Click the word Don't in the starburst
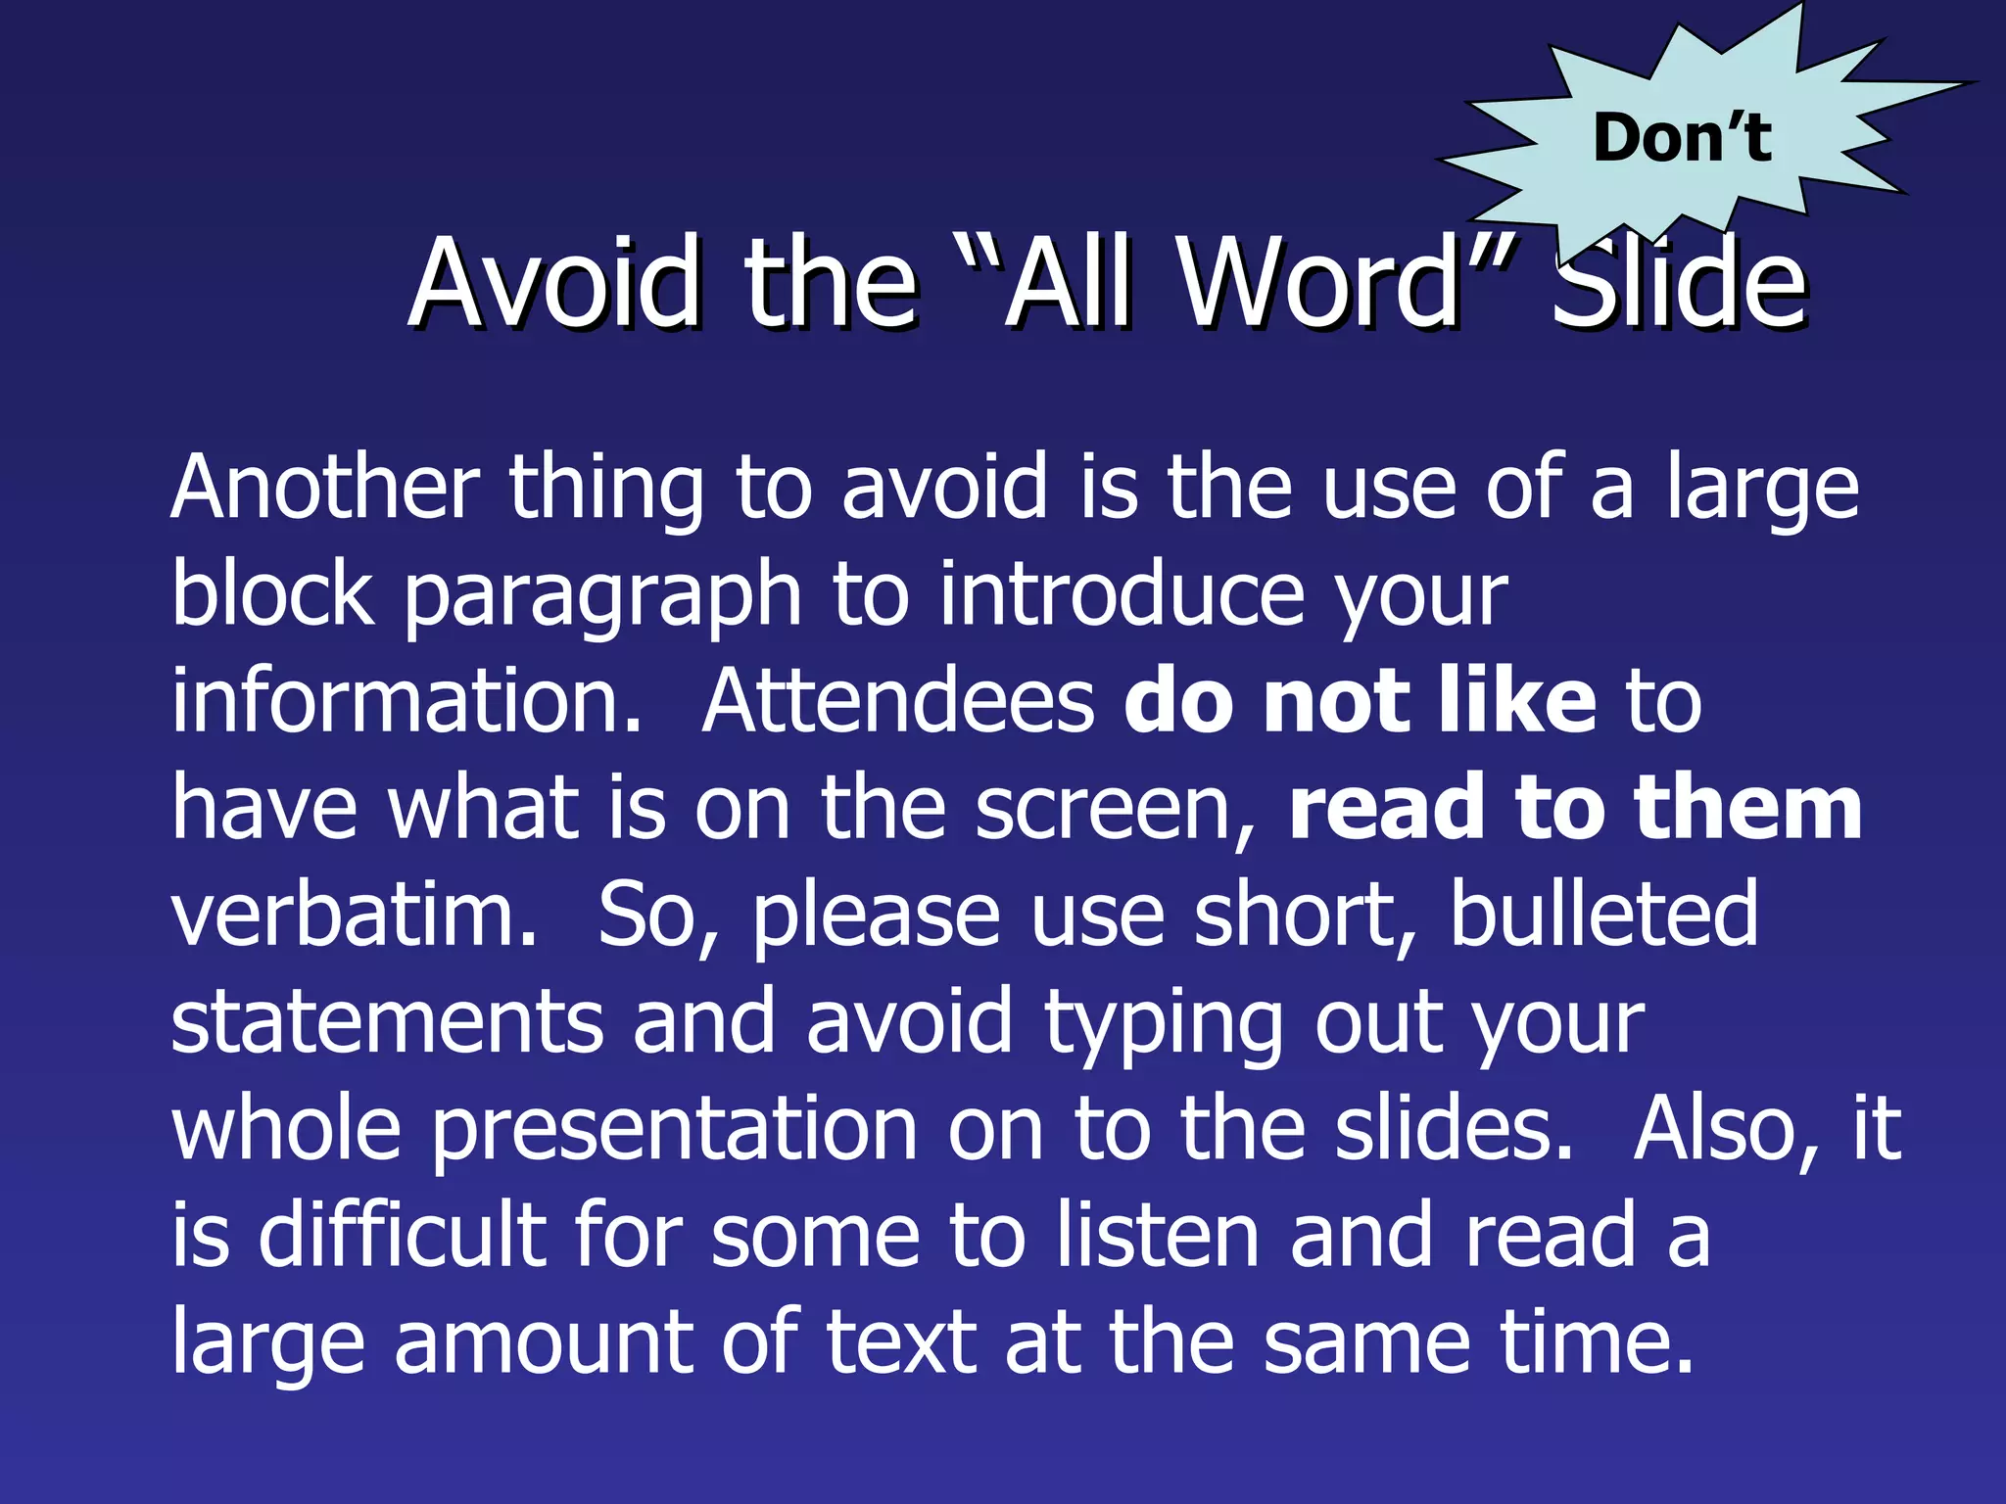1682,138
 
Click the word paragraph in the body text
602,598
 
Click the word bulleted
1603,915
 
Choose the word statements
387,1022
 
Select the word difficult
402,1236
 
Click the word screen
1116,810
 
